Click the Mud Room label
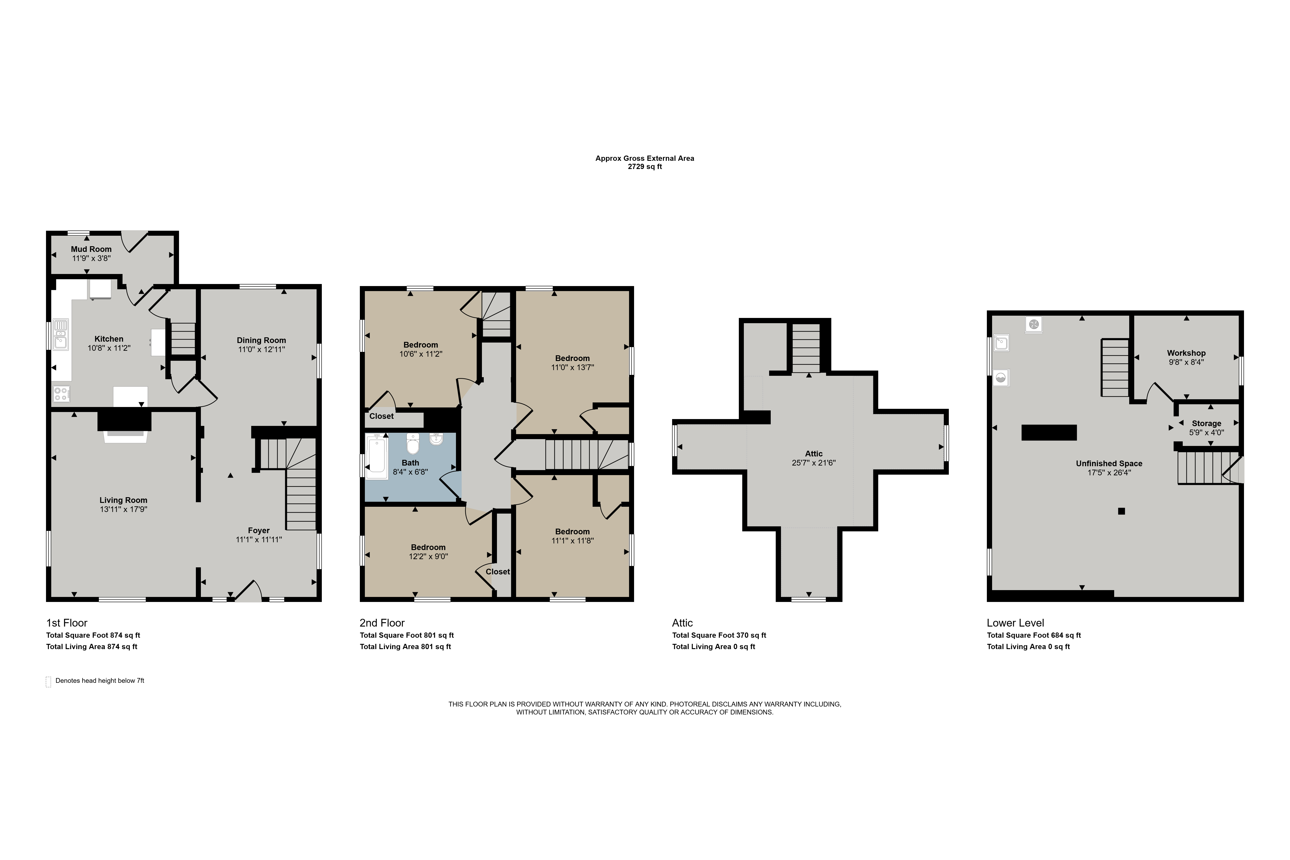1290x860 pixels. coord(91,249)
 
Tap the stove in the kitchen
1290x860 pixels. coord(61,394)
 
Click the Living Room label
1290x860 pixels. coord(123,500)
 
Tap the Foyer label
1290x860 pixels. coord(259,530)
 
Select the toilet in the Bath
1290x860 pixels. coord(413,444)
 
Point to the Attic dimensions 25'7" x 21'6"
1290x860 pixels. coord(814,463)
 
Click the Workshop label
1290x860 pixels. coord(1186,353)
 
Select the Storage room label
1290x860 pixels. coord(1207,423)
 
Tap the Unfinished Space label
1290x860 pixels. coord(1109,463)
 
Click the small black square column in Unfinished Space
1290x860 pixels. coord(1122,511)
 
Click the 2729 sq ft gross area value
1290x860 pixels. coord(645,167)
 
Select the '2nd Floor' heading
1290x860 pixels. coord(382,623)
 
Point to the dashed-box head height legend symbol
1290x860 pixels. coord(48,682)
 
